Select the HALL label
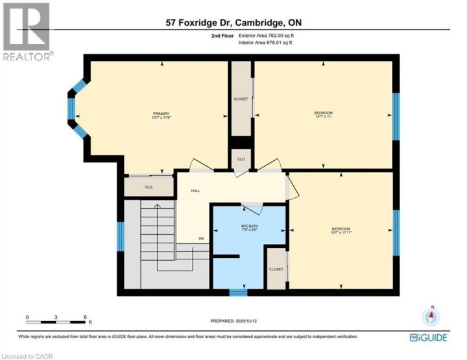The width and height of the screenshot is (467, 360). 195,191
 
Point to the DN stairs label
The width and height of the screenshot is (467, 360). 201,239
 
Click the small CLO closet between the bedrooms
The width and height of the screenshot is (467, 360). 241,159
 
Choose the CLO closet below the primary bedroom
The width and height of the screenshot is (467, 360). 149,187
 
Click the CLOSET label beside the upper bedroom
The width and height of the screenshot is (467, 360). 241,99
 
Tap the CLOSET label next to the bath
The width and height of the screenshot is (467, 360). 276,268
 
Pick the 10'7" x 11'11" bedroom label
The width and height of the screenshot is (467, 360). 341,230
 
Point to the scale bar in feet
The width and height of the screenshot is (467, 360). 56,320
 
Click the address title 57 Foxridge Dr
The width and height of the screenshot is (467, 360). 233,23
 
